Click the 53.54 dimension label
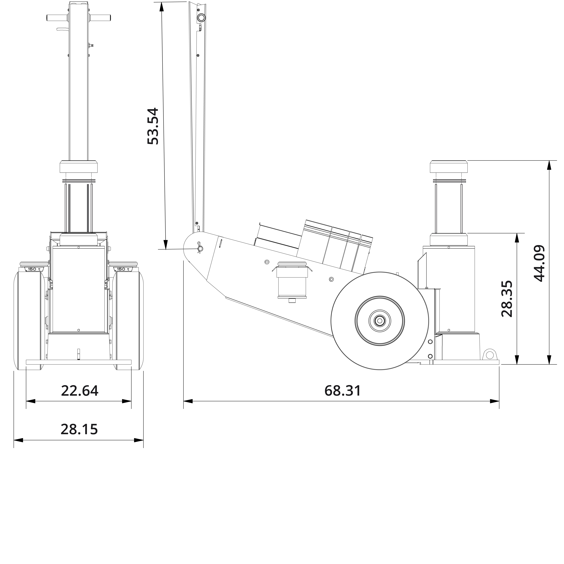153,126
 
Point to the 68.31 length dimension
342,391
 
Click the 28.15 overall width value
79,429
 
